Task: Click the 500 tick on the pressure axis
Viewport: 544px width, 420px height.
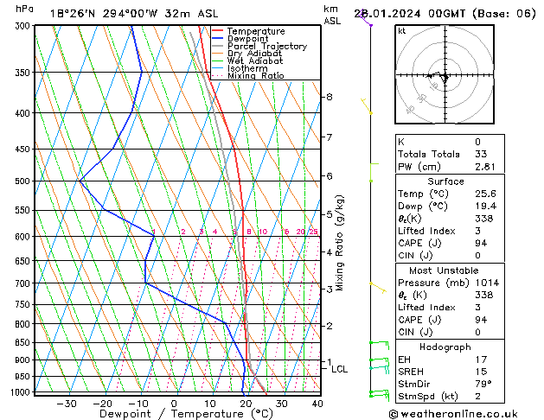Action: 22,181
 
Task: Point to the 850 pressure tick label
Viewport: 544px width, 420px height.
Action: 22,343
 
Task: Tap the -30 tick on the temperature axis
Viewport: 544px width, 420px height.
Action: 67,404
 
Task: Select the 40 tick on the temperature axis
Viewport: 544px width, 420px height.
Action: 317,404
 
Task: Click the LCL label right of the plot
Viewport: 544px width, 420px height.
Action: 340,369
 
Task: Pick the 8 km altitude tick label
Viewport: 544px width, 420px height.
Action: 329,97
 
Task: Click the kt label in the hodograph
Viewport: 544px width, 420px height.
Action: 402,30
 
